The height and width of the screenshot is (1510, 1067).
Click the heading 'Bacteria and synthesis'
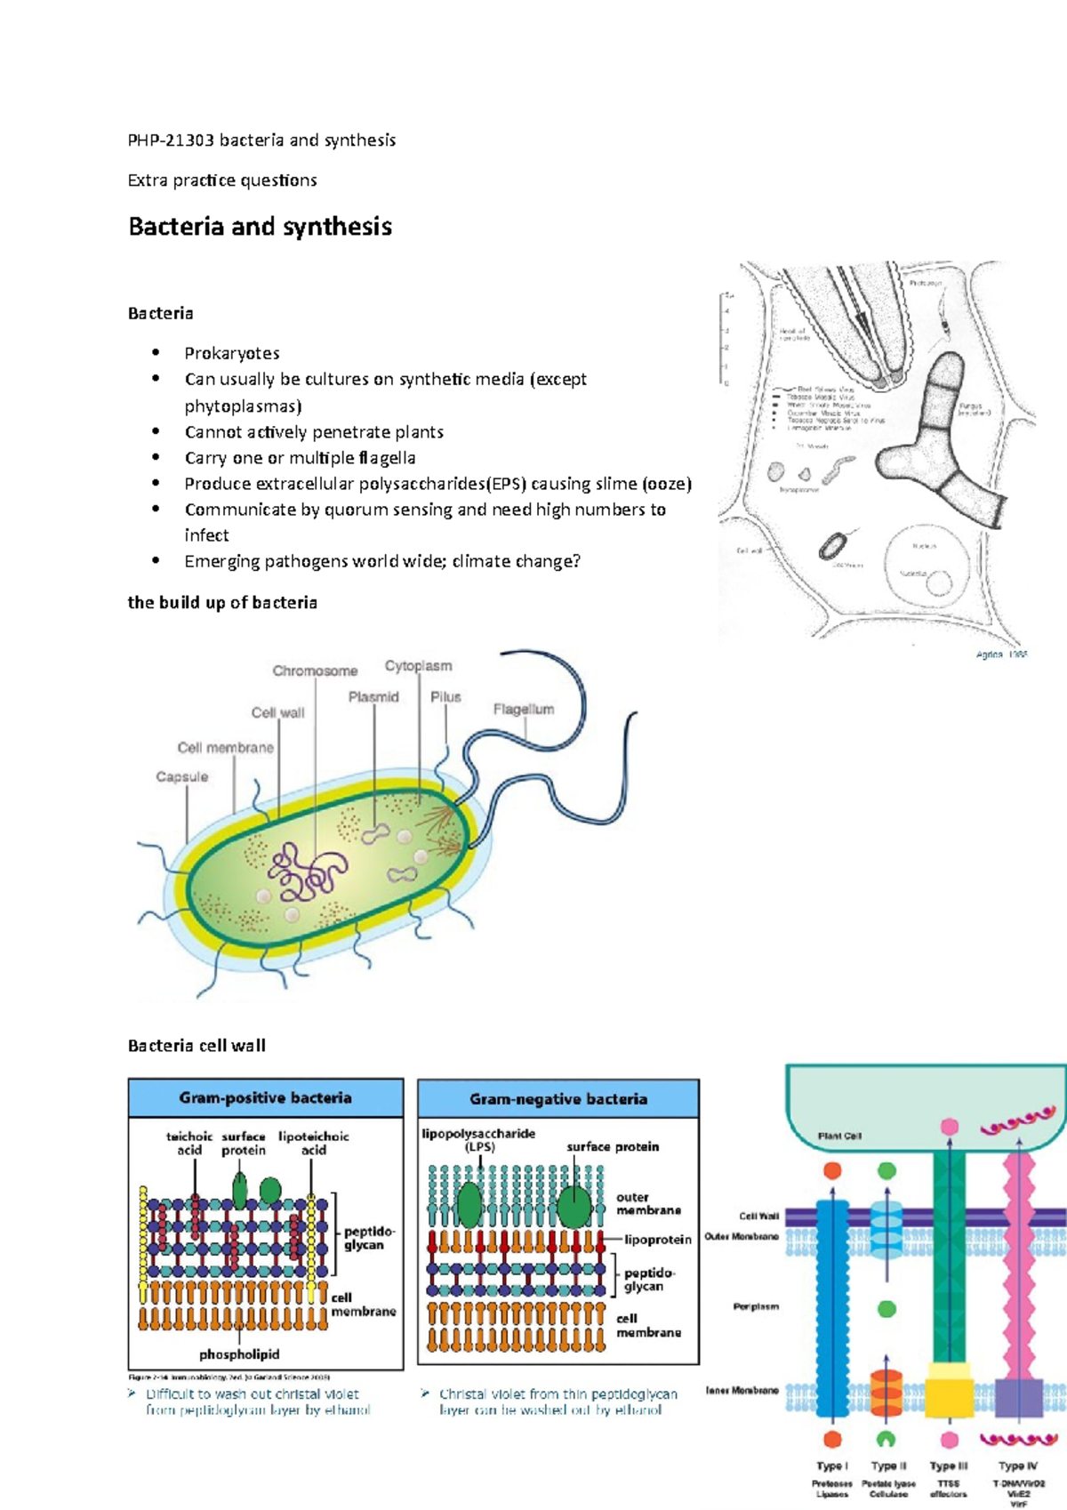(x=260, y=227)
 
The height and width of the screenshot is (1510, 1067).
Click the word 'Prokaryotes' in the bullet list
(x=232, y=353)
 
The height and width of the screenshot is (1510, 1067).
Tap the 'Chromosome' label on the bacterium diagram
(x=315, y=671)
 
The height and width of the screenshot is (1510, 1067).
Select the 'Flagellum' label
(x=524, y=709)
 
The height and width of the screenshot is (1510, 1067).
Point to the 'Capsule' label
(x=182, y=776)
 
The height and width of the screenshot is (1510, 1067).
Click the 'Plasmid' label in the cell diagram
(x=373, y=696)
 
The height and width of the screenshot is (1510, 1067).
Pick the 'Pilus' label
(x=445, y=696)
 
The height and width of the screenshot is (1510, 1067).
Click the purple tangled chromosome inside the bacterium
(x=307, y=871)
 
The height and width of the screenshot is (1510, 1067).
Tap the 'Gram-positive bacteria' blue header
(x=265, y=1098)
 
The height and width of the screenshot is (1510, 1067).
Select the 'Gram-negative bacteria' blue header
(x=558, y=1099)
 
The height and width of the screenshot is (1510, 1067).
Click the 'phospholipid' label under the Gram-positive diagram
(x=239, y=1354)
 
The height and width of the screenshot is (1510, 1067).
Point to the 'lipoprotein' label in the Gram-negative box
(x=657, y=1239)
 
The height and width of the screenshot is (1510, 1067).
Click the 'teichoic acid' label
(x=189, y=1143)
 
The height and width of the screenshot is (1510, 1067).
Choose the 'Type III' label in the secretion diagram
(x=949, y=1466)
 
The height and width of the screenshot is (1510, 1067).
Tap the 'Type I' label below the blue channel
(x=832, y=1466)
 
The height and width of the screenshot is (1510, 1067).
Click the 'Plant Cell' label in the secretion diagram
(x=839, y=1136)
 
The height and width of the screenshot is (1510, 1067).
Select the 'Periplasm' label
(x=756, y=1306)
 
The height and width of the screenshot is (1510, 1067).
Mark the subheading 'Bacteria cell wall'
(x=197, y=1046)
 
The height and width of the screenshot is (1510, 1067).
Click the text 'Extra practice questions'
(x=222, y=181)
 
